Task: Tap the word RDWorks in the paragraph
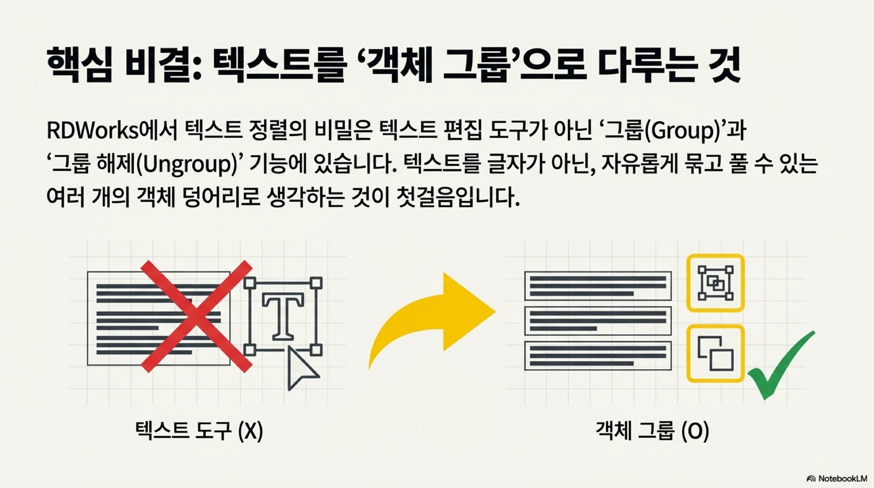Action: click(92, 131)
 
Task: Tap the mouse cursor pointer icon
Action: click(301, 369)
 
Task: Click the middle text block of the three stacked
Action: click(598, 321)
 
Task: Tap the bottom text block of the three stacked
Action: click(598, 355)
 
